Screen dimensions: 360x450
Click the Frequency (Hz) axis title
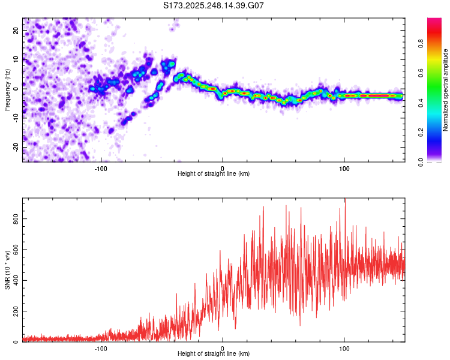point(7,90)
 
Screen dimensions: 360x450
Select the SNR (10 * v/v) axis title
point(7,270)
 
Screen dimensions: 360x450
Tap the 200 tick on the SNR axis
point(16,311)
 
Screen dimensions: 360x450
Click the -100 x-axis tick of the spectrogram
point(101,168)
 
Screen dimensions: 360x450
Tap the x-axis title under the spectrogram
point(214,174)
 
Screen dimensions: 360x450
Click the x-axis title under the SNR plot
point(214,354)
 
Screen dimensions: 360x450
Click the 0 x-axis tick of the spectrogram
point(223,168)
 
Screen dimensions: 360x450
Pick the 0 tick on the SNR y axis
point(16,342)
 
